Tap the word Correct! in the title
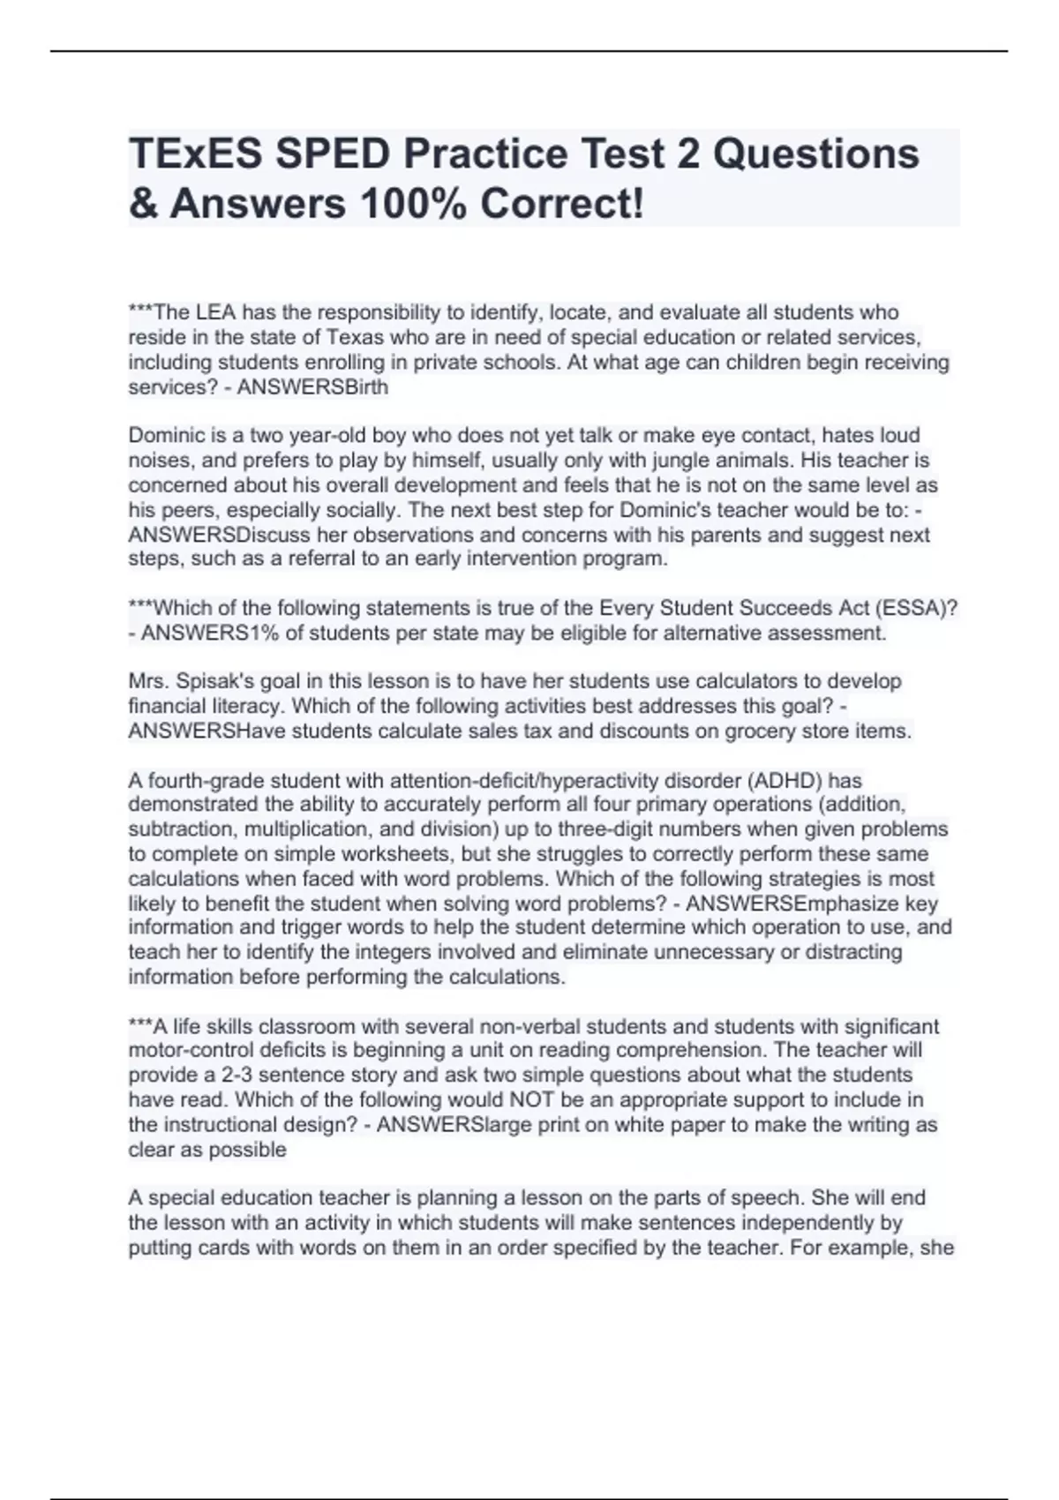click(562, 204)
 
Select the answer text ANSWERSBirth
click(312, 386)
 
